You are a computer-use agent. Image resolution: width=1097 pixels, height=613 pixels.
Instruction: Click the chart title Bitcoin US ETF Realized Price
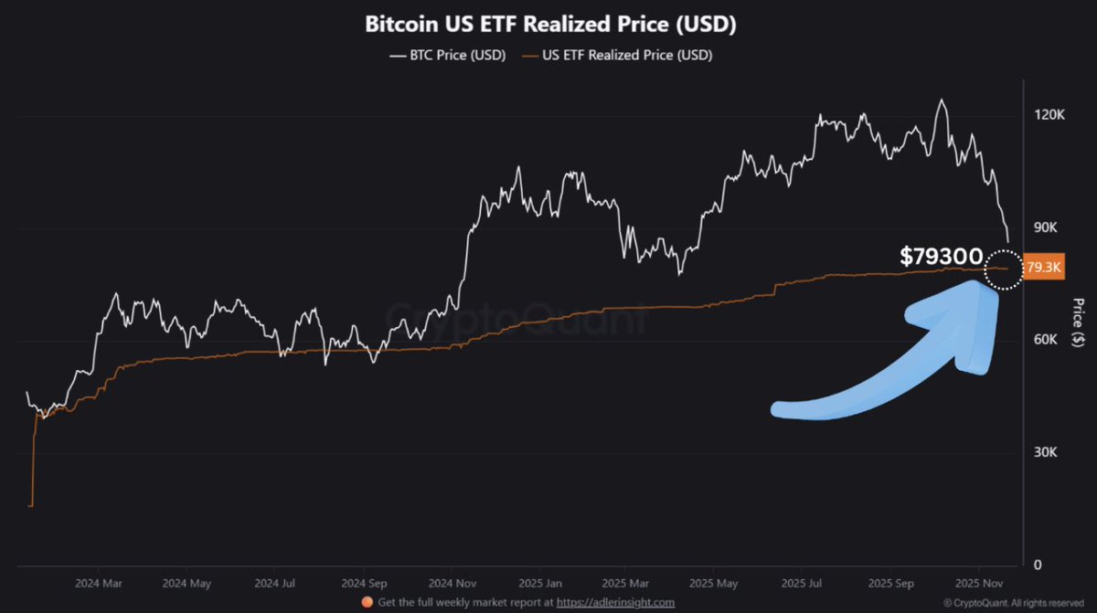[550, 25]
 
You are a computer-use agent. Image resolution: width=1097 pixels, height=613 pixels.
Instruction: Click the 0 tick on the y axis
[1036, 565]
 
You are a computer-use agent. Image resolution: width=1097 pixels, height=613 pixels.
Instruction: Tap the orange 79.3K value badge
[1044, 268]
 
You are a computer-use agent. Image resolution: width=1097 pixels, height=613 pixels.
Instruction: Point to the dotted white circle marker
[1003, 270]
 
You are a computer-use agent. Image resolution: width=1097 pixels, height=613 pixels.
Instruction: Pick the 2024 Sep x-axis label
[364, 582]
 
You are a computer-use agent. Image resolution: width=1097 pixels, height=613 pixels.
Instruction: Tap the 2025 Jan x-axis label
[539, 582]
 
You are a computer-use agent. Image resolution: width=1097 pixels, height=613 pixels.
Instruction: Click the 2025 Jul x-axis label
[804, 582]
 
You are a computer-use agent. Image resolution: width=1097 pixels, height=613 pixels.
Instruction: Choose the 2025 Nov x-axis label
[979, 582]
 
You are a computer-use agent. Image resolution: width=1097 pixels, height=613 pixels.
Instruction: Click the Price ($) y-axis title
[1080, 319]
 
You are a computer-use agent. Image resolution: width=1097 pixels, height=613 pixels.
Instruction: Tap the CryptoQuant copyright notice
[1015, 602]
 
